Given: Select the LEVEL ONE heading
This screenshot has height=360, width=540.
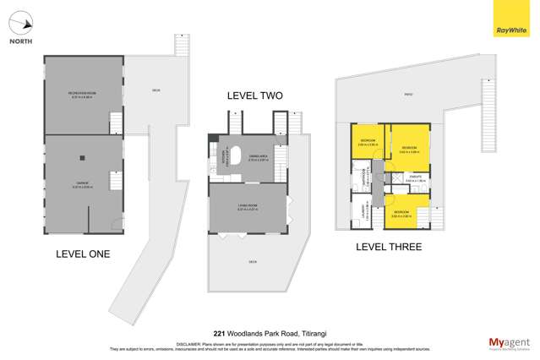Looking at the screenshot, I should click(x=83, y=254).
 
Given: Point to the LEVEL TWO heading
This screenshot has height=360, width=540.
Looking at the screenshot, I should click(x=254, y=96).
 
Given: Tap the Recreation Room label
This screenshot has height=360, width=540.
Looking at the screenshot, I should click(x=81, y=92).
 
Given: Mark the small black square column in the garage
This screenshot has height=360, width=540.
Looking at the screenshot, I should click(x=82, y=156).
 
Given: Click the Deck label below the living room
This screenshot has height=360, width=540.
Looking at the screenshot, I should click(x=251, y=260).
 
